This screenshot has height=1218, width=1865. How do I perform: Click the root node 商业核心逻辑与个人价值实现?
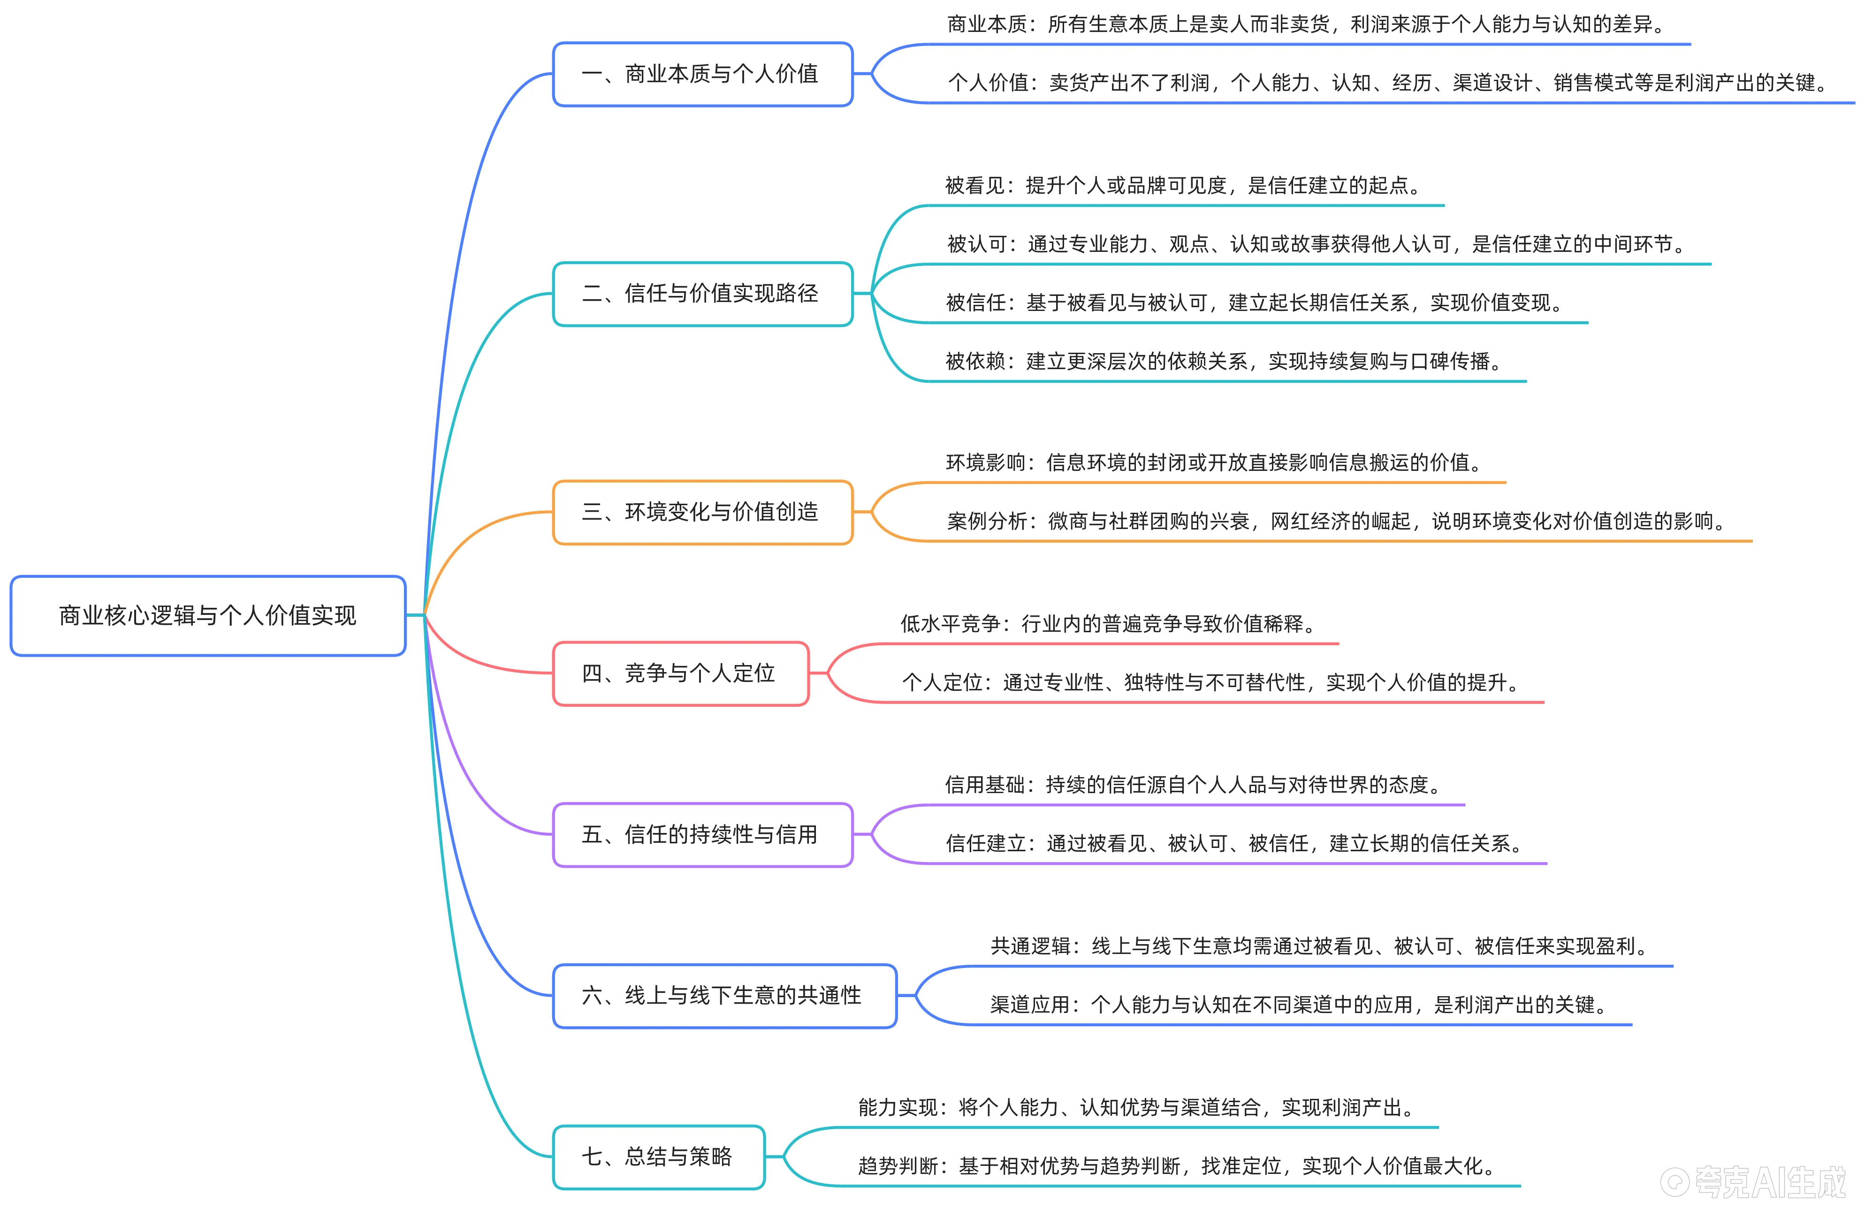coord(208,616)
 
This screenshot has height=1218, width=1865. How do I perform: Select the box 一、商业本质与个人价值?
coord(702,75)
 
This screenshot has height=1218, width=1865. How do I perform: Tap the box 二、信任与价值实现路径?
coord(702,294)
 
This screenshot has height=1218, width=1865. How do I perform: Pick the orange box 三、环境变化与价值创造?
coord(702,512)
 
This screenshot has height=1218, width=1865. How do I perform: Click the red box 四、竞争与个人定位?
coord(680,673)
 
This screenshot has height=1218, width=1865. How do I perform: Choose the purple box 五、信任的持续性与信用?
coord(702,835)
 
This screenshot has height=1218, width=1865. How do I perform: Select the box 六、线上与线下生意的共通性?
coord(724,996)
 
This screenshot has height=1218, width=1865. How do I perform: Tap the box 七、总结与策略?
coord(658,1157)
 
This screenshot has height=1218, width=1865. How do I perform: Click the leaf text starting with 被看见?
coord(1183,186)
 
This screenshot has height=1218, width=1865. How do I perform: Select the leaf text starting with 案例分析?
coord(1336,521)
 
